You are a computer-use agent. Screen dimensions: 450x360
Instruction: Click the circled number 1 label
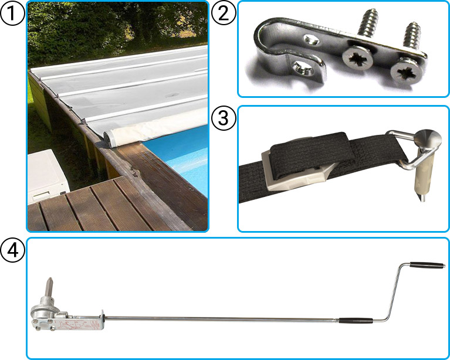(12, 13)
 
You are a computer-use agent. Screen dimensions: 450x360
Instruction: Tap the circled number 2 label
(224, 13)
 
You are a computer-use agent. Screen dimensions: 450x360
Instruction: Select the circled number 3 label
(224, 118)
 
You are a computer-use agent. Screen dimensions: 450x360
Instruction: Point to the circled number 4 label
(12, 250)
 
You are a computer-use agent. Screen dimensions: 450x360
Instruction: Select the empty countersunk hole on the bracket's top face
(312, 39)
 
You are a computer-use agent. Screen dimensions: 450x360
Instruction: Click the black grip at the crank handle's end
(427, 265)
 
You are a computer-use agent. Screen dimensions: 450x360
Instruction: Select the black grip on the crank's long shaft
(356, 320)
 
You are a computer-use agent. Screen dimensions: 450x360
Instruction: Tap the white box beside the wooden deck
(48, 176)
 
